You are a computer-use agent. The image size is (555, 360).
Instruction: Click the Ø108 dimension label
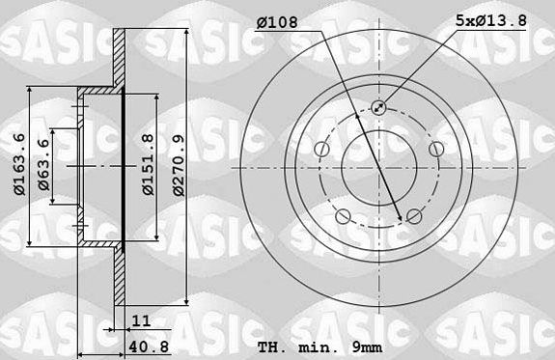coord(278,22)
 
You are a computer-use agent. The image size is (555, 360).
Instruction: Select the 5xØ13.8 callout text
coord(491,20)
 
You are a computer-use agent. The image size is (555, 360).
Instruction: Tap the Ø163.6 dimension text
coord(19,164)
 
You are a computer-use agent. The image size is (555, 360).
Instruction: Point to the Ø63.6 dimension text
coord(43,165)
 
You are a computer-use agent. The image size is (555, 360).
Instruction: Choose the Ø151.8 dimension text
coord(148,164)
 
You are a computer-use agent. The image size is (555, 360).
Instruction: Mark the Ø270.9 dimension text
coord(179,165)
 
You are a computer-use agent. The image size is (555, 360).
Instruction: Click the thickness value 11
coord(141,320)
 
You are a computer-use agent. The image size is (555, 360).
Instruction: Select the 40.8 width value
coord(149,346)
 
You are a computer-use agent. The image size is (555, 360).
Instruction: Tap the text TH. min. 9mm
coord(320,347)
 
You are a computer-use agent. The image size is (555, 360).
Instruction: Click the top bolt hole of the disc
coord(378,107)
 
